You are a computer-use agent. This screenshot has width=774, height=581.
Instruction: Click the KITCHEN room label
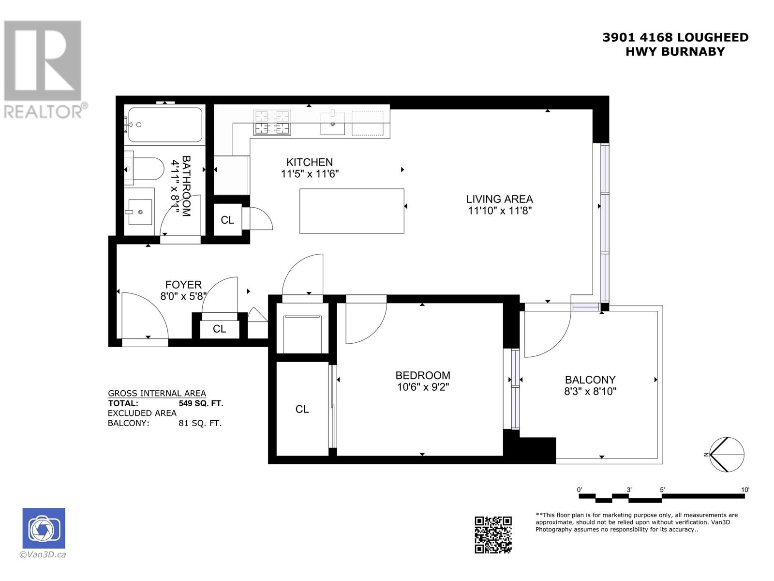310,162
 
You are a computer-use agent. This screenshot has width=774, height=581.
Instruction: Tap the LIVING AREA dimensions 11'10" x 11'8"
500,211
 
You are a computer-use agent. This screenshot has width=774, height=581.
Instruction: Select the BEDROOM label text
422,375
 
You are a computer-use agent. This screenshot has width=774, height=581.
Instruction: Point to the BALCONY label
590,380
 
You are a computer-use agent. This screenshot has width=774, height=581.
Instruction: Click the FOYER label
183,285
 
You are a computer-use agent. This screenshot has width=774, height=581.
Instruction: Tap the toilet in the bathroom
145,168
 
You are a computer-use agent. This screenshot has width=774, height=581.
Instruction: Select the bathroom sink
140,212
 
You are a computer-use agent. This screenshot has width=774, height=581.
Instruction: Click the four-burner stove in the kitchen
272,122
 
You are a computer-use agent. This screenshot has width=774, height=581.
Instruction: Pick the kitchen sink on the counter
333,123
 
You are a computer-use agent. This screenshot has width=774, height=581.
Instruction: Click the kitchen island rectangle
352,211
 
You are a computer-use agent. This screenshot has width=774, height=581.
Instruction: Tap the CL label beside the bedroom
302,410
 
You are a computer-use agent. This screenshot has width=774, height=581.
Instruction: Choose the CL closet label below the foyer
219,329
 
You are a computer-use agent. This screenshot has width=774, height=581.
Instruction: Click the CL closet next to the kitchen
227,220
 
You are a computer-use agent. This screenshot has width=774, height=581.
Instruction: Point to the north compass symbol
727,455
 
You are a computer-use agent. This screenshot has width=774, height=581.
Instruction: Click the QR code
493,534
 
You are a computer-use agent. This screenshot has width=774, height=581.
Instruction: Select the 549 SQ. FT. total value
201,403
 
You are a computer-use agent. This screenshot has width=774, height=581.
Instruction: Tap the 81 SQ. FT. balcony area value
200,423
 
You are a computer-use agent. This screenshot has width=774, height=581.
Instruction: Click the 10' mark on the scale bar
745,490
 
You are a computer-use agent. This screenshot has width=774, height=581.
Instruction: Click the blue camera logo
44,528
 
